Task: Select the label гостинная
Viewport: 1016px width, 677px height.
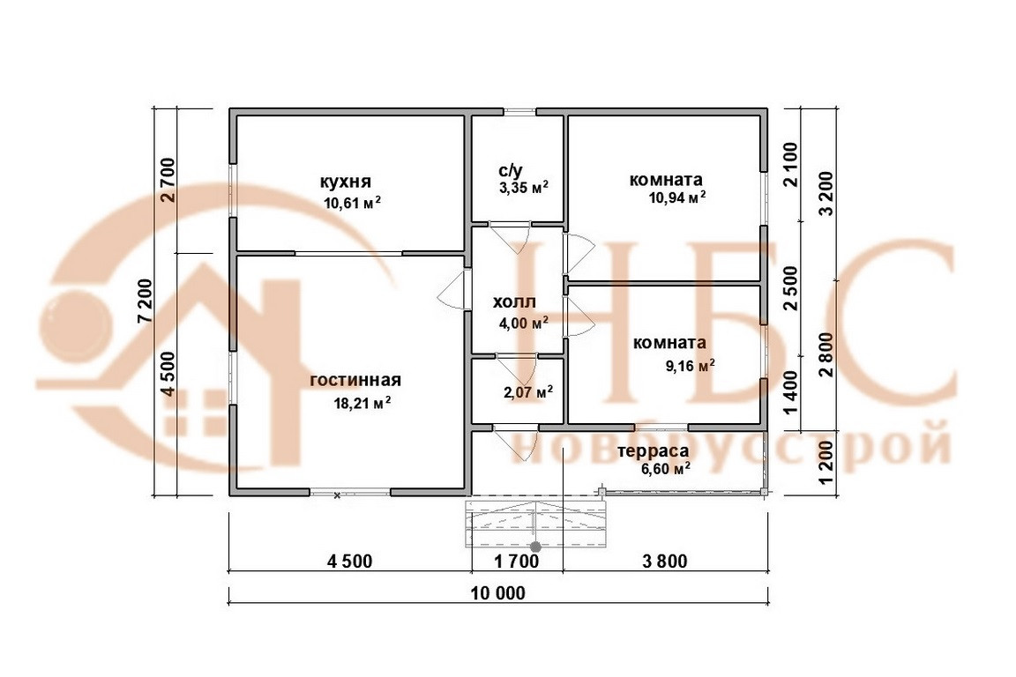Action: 355,380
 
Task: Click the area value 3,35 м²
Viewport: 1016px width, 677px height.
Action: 523,187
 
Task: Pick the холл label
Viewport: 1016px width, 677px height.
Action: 514,303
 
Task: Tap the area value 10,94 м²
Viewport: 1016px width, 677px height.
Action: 678,198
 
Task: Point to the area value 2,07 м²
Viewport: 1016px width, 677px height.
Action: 528,391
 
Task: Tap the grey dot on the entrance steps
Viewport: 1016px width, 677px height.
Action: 534,547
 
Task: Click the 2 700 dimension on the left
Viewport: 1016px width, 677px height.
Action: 168,180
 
